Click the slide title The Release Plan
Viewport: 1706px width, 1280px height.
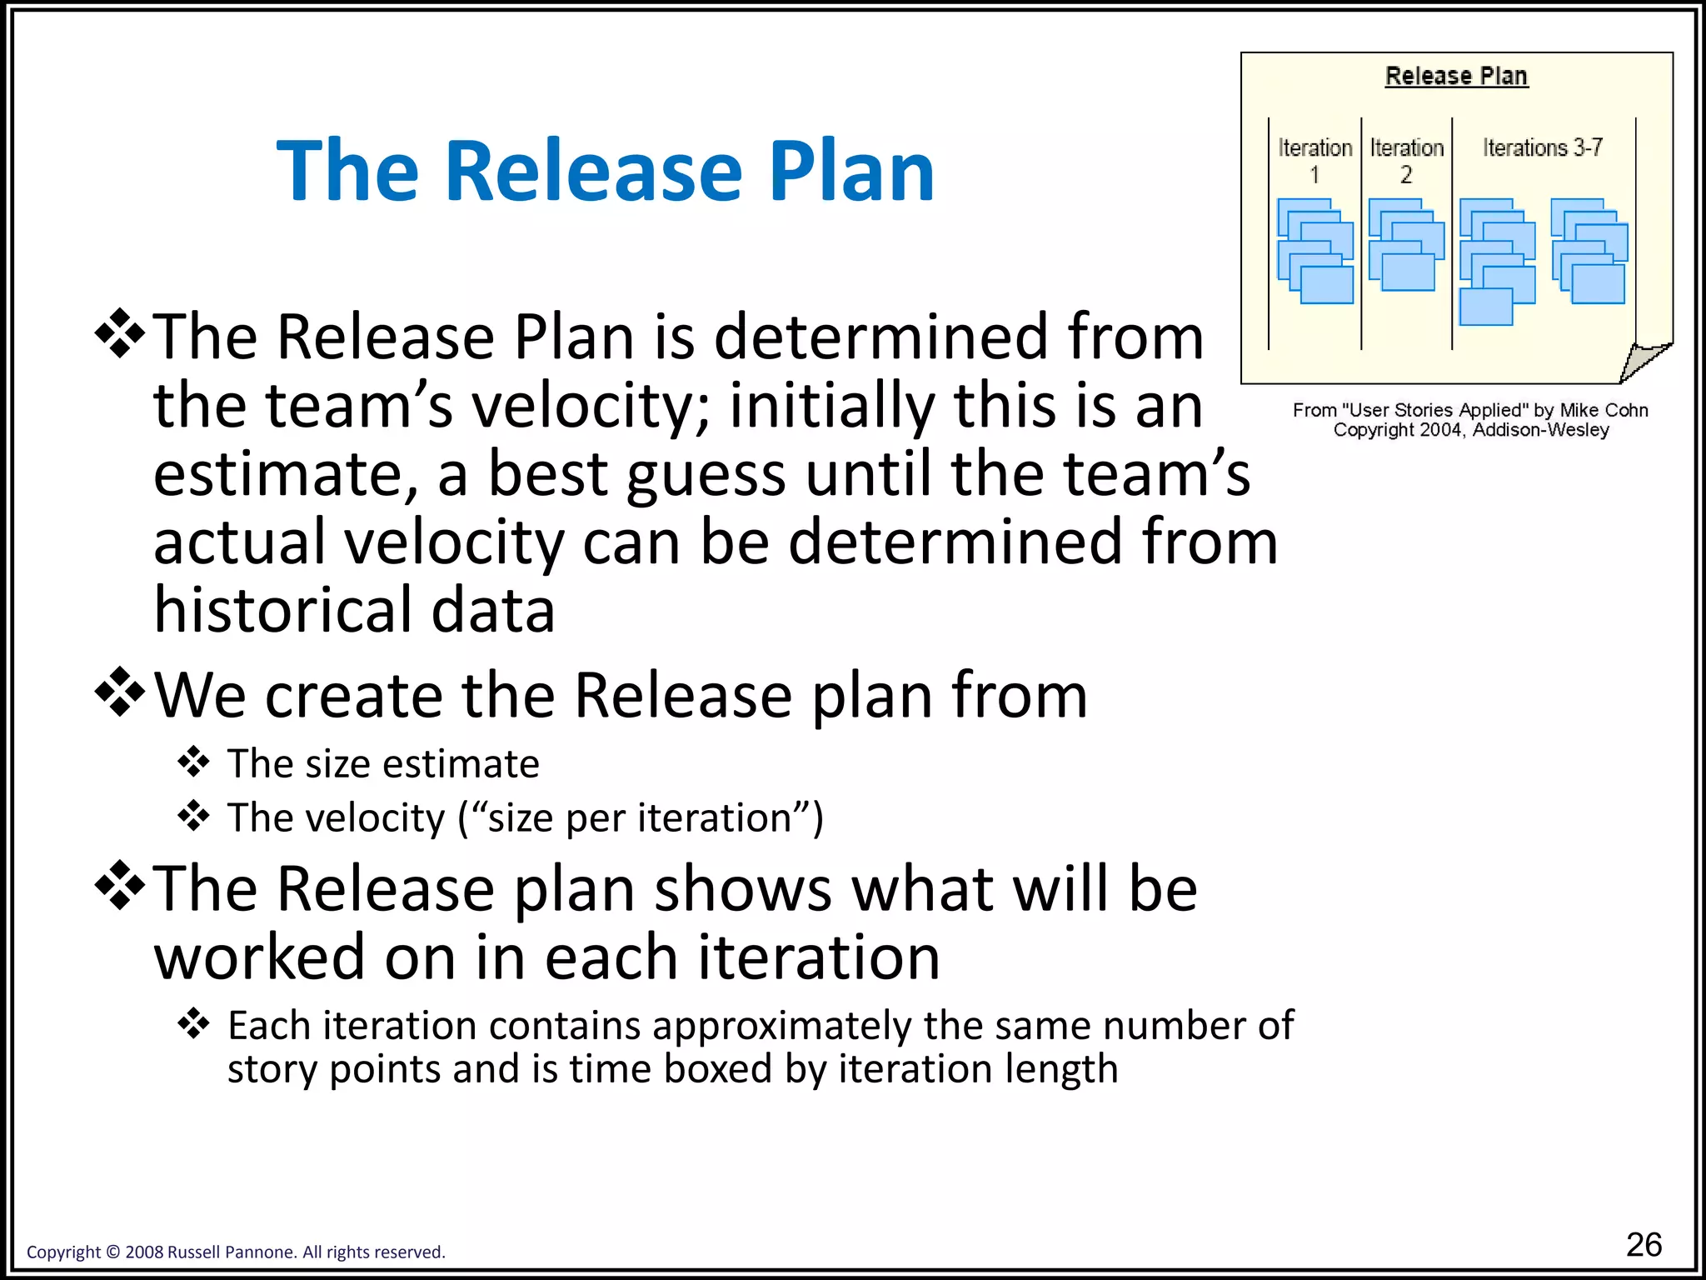606,171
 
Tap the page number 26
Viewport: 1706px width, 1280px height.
1644,1244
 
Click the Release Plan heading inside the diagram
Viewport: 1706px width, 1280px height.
1456,76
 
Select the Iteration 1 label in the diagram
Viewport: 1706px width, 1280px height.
1315,160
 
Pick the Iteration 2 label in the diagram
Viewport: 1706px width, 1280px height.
1407,160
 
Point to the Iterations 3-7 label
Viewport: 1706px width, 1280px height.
1543,147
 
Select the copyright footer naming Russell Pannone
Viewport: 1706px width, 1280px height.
236,1252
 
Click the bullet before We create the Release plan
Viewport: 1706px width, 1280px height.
121,692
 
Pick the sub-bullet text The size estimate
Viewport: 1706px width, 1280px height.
383,763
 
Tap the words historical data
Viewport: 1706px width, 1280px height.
354,610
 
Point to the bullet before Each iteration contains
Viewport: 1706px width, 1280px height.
193,1023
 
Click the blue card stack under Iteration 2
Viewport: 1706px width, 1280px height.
1406,245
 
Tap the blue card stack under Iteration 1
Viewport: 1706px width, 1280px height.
1315,250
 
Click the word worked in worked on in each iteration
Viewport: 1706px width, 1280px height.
259,957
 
